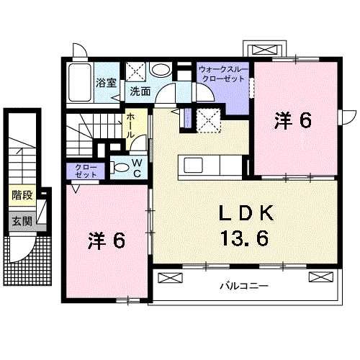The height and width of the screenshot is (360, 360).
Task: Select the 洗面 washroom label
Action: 140,92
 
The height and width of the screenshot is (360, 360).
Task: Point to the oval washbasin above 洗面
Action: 163,71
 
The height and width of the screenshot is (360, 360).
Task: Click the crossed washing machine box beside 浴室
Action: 137,72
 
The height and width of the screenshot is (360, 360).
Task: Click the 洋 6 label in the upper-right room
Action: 292,121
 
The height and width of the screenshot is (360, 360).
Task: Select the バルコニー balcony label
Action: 243,286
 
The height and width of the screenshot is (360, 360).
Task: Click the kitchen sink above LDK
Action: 199,165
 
